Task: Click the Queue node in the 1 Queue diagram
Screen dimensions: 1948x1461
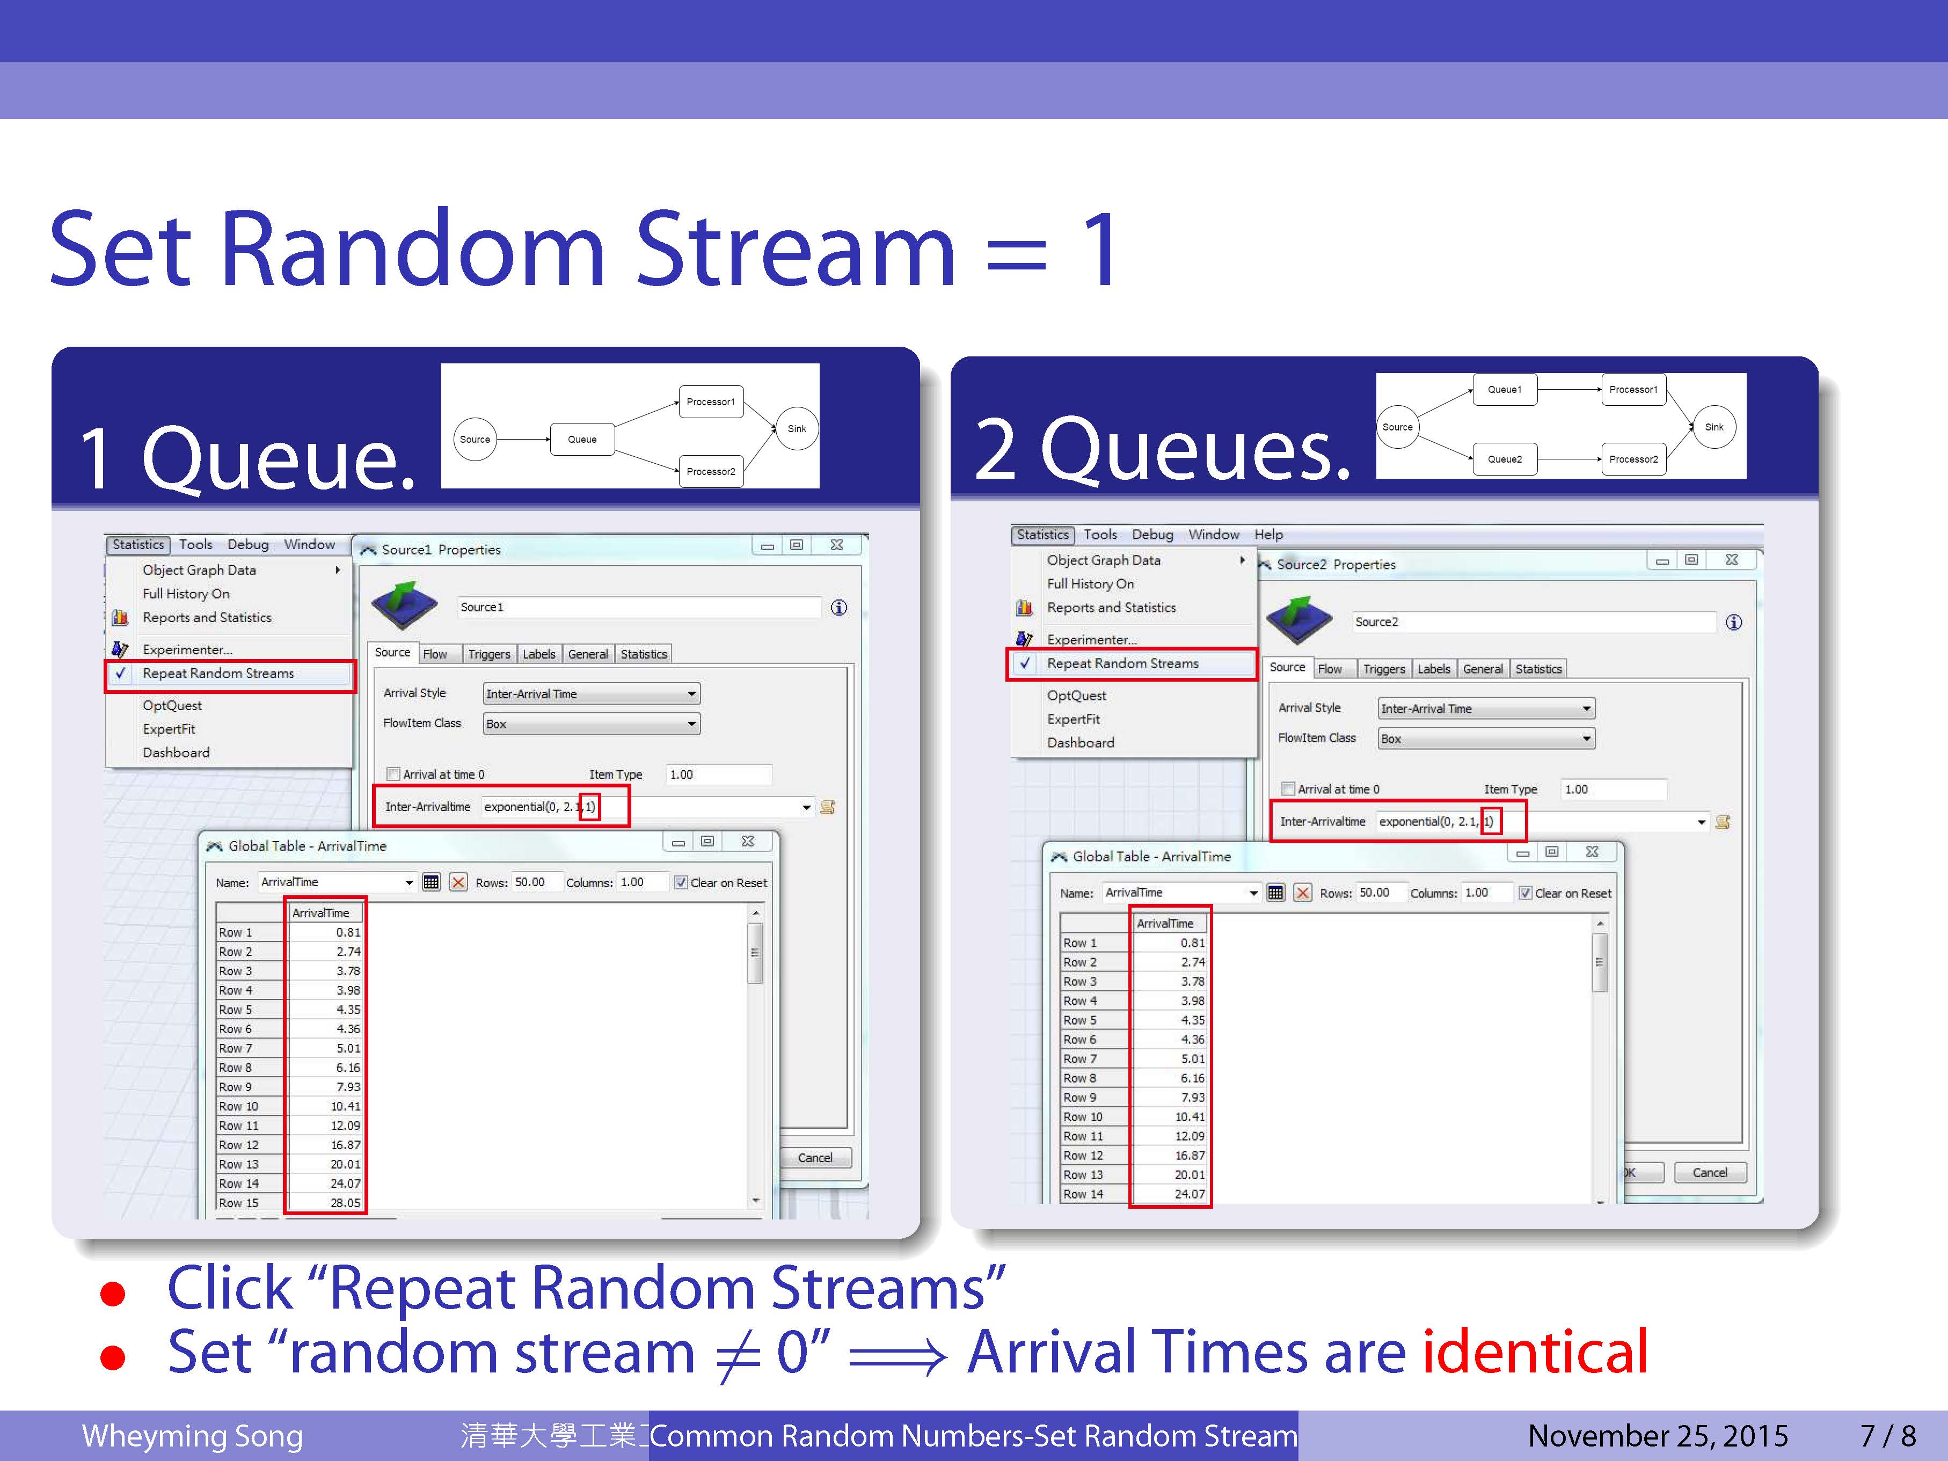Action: pyautogui.click(x=582, y=439)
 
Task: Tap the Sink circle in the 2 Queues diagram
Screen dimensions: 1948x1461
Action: pyautogui.click(x=1714, y=427)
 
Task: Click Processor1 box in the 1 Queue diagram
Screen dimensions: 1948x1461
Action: pyautogui.click(x=711, y=401)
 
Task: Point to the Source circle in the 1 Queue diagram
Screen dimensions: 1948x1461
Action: pyautogui.click(x=475, y=439)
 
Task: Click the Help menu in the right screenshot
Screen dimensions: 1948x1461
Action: pyautogui.click(x=1268, y=535)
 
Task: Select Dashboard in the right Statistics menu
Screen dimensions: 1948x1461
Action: pyautogui.click(x=1081, y=742)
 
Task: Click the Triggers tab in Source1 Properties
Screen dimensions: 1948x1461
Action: pyautogui.click(x=489, y=653)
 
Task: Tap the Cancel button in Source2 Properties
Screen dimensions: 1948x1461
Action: pyautogui.click(x=1709, y=1172)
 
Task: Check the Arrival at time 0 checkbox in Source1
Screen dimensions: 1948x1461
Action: pyautogui.click(x=393, y=774)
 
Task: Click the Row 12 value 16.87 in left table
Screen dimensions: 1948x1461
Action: pyautogui.click(x=345, y=1145)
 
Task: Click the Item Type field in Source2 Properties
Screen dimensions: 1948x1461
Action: pyautogui.click(x=1614, y=789)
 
